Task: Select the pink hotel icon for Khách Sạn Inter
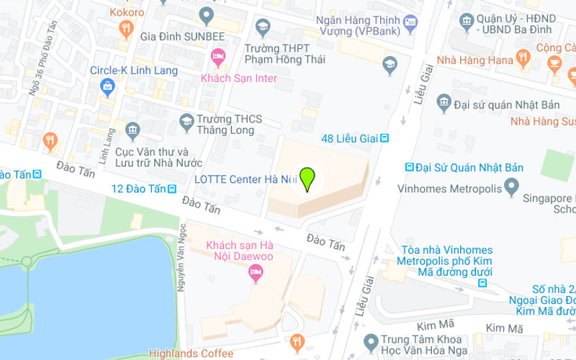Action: point(217,55)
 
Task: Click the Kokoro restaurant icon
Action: point(127,29)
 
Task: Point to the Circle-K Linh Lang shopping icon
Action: point(108,87)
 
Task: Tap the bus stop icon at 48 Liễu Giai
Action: point(385,138)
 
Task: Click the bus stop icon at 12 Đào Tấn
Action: point(172,189)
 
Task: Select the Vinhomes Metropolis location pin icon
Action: point(511,188)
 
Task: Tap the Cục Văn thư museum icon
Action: point(132,130)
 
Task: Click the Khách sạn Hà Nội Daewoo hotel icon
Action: point(254,272)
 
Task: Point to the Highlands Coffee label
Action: point(191,354)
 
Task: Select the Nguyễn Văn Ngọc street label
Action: point(181,259)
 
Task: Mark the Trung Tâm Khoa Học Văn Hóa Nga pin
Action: point(372,340)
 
